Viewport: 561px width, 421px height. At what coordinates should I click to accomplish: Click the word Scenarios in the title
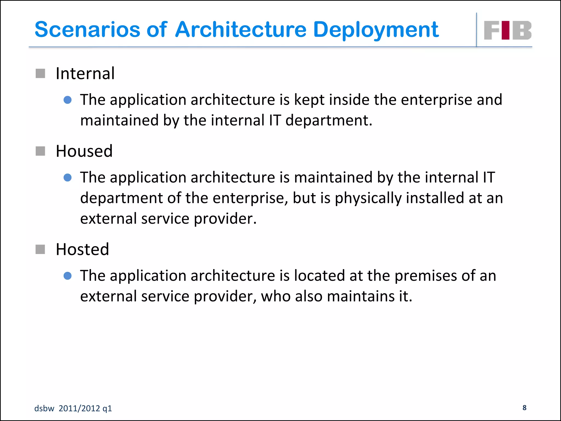click(x=87, y=30)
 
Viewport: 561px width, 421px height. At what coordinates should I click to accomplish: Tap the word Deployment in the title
click(x=376, y=30)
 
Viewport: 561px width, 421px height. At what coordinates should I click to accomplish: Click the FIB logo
click(x=507, y=30)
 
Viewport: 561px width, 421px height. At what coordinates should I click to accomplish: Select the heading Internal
click(x=85, y=73)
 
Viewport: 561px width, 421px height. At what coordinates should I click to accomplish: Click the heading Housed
click(x=84, y=151)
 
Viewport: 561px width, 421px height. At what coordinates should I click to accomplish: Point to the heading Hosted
click(x=82, y=249)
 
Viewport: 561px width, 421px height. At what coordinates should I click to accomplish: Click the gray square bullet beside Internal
click(x=41, y=73)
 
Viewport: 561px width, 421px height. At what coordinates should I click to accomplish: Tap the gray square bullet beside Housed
click(x=41, y=151)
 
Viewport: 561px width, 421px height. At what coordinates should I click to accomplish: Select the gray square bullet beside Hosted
click(x=41, y=249)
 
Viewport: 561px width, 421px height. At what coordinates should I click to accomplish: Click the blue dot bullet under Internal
click(x=67, y=100)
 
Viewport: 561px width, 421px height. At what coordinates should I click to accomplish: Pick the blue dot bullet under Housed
click(x=67, y=178)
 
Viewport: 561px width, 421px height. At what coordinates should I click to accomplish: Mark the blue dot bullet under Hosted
click(x=67, y=276)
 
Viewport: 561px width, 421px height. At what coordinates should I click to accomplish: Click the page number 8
click(x=524, y=408)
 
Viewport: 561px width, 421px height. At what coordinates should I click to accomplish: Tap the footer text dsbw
click(x=44, y=408)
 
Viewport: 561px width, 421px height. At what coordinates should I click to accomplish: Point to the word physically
click(x=368, y=198)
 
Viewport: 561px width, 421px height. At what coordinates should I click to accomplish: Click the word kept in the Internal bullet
click(x=309, y=100)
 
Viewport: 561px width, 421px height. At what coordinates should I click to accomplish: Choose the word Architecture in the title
click(x=241, y=30)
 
